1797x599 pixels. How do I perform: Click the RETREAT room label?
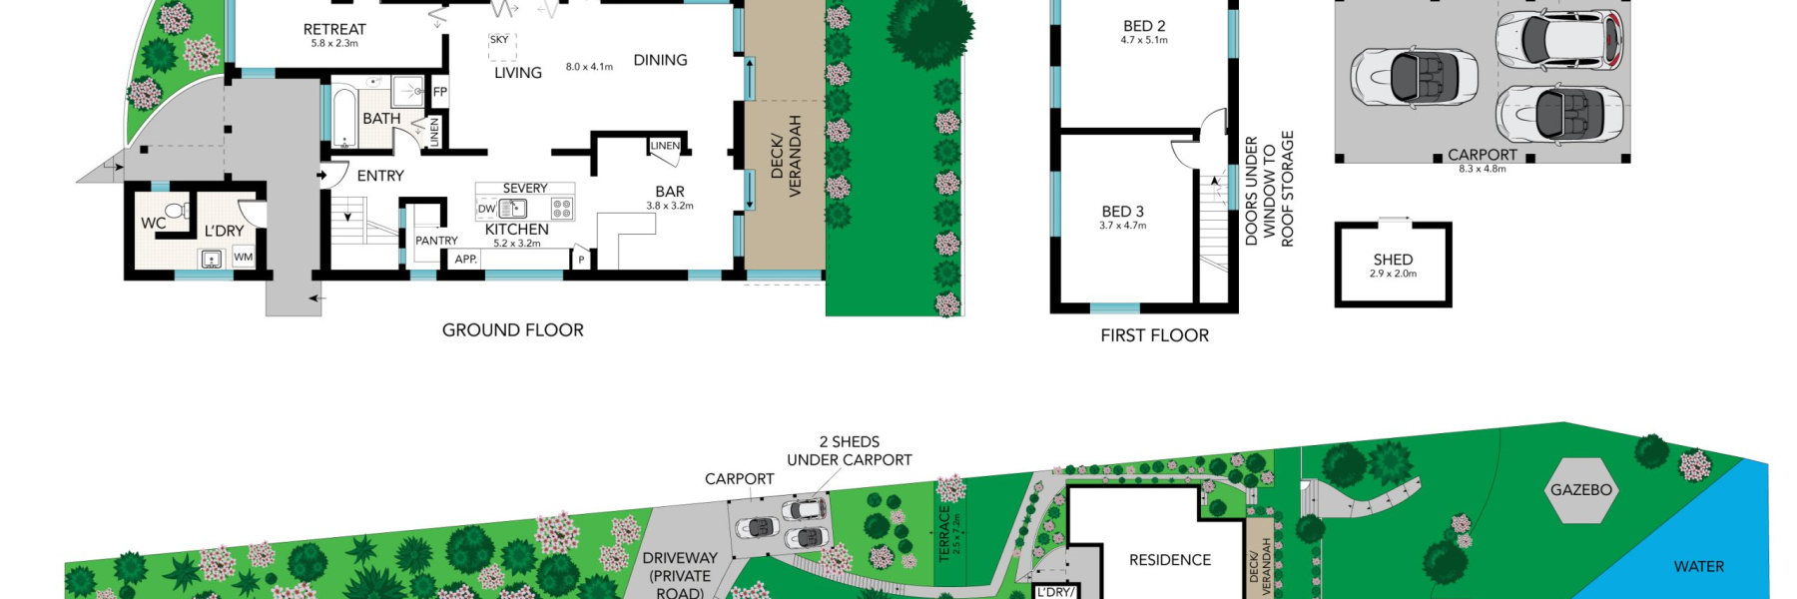click(334, 30)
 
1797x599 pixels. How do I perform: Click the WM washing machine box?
click(244, 257)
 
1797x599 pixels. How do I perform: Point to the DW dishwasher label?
click(486, 210)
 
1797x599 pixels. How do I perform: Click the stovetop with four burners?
click(562, 208)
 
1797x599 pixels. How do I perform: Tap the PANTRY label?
click(436, 241)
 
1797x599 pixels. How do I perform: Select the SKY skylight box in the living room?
click(499, 40)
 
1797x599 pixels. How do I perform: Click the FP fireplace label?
click(439, 92)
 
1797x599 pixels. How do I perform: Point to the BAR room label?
click(670, 192)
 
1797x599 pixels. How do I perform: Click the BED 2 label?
click(1144, 26)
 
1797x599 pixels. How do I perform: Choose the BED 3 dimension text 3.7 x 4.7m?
click(1123, 226)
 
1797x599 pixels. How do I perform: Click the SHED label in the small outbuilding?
click(1393, 260)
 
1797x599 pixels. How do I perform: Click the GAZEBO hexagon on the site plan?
click(1580, 490)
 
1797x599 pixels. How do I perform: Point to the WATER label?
click(1698, 567)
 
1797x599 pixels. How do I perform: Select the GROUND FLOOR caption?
click(512, 330)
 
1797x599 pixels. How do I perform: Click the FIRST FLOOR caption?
click(1154, 335)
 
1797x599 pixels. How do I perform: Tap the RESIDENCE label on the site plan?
click(1169, 560)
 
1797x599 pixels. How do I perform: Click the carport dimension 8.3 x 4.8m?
click(1482, 169)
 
